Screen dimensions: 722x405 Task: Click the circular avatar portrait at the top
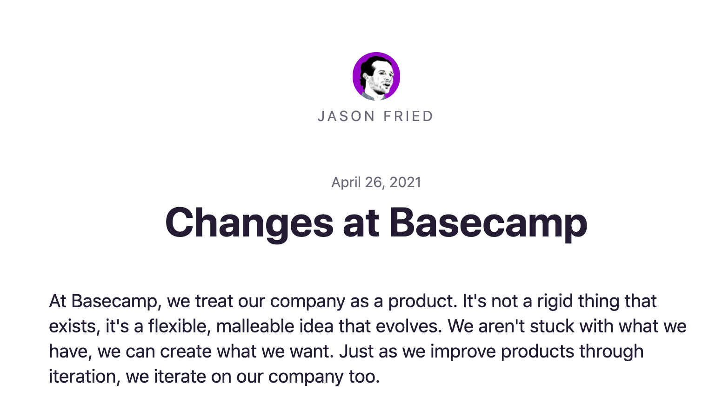[376, 76]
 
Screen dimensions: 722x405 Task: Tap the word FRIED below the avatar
[409, 116]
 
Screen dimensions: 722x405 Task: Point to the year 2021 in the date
[405, 182]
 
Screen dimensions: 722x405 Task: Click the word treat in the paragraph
[214, 301]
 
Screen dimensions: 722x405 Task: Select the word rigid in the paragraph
[555, 302]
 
